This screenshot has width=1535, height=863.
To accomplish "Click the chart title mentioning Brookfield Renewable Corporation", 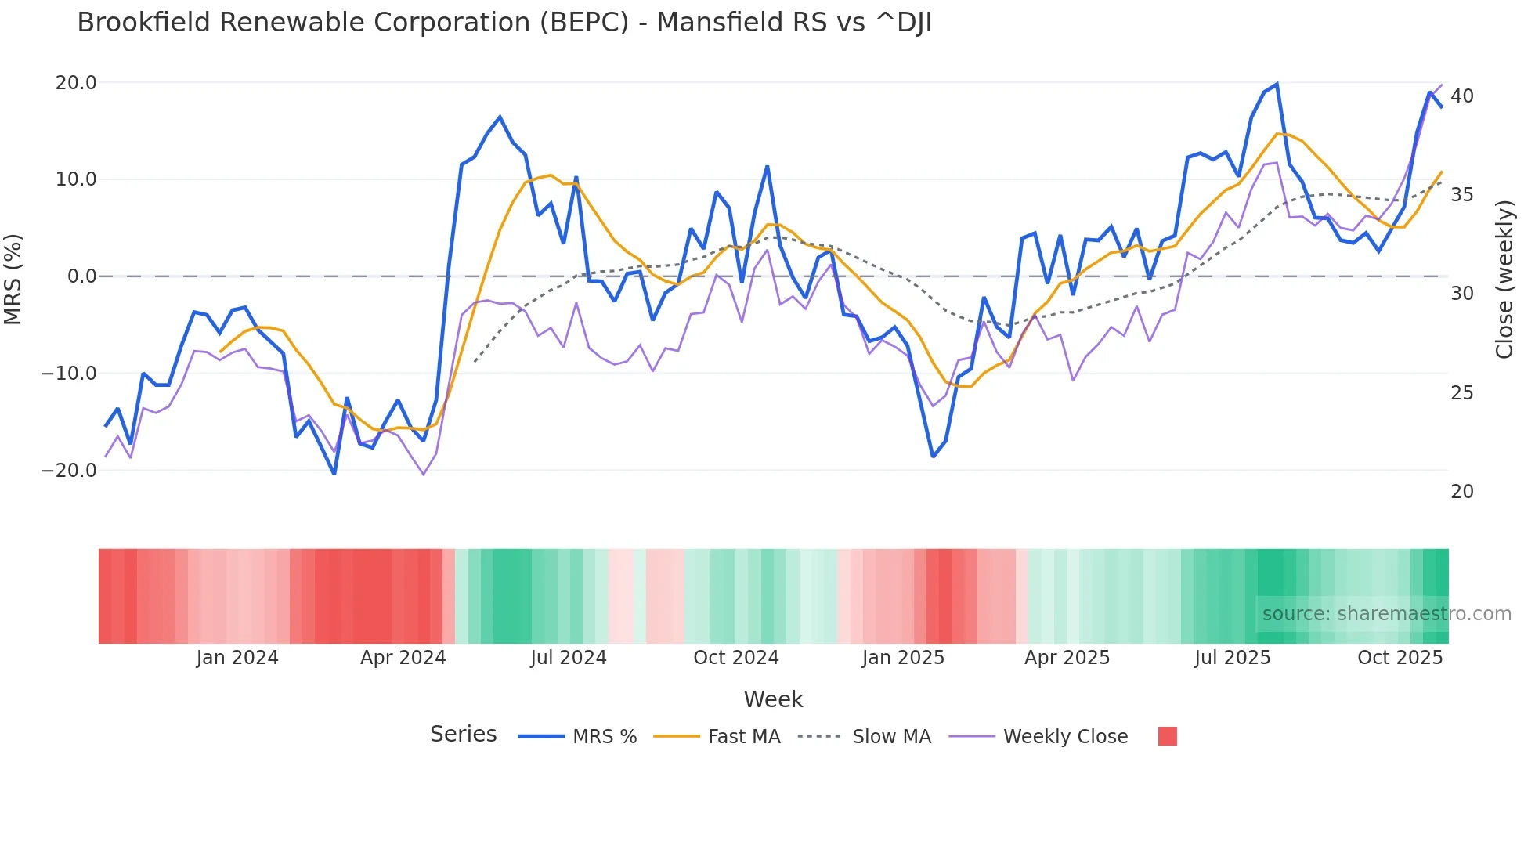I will point(504,23).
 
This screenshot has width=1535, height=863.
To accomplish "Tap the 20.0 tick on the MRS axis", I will point(76,83).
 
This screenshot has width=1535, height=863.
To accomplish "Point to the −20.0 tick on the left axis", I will point(69,471).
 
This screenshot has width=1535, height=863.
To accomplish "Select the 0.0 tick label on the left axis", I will point(81,276).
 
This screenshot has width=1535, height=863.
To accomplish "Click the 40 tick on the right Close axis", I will point(1462,96).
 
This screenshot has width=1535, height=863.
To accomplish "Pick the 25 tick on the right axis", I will point(1462,393).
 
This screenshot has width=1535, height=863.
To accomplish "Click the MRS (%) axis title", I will point(13,280).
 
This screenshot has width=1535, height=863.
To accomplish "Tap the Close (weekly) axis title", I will point(1504,280).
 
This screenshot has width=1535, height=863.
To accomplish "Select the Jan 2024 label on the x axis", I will point(237,658).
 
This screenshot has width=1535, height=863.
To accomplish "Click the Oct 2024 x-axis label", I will point(736,658).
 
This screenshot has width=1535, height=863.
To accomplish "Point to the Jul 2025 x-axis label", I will point(1233,658).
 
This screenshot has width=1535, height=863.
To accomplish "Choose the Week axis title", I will point(773,699).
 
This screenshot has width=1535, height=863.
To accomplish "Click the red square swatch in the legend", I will point(1168,736).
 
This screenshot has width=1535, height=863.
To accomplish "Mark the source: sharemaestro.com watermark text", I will point(1386,614).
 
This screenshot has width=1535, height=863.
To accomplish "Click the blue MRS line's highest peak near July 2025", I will point(1277,84).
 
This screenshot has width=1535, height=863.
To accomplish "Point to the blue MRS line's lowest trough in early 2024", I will point(334,474).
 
